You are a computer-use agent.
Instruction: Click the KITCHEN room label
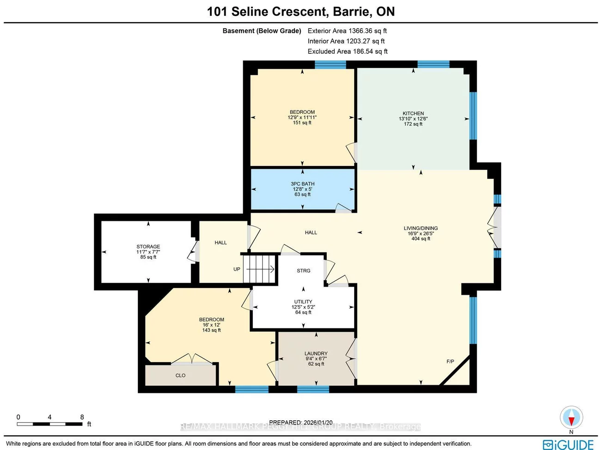pos(413,113)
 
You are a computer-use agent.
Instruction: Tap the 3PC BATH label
pos(302,184)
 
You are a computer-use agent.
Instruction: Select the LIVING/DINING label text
pos(420,228)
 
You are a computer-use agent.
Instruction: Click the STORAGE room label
pos(148,247)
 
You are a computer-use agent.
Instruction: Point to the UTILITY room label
pos(303,302)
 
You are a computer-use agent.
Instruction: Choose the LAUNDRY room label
pos(316,353)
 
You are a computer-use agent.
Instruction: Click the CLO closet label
pos(180,376)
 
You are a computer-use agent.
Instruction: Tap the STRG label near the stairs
pos(303,271)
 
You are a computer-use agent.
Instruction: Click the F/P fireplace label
pos(450,361)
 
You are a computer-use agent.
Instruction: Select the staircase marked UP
pos(259,269)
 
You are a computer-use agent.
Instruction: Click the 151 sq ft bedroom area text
pos(302,123)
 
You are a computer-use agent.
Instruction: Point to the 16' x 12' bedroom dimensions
pos(211,325)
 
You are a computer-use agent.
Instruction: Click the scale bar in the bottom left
pos(50,424)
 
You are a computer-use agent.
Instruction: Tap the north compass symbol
pos(571,418)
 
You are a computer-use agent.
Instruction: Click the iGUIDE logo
pos(568,444)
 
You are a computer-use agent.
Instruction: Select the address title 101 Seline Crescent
pos(300,12)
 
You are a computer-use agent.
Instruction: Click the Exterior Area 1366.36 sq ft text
pos(347,31)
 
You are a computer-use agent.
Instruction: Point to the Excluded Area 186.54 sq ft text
pos(348,51)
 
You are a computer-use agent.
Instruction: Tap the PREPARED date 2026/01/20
pos(300,422)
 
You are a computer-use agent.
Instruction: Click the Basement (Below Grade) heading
pos(262,31)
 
